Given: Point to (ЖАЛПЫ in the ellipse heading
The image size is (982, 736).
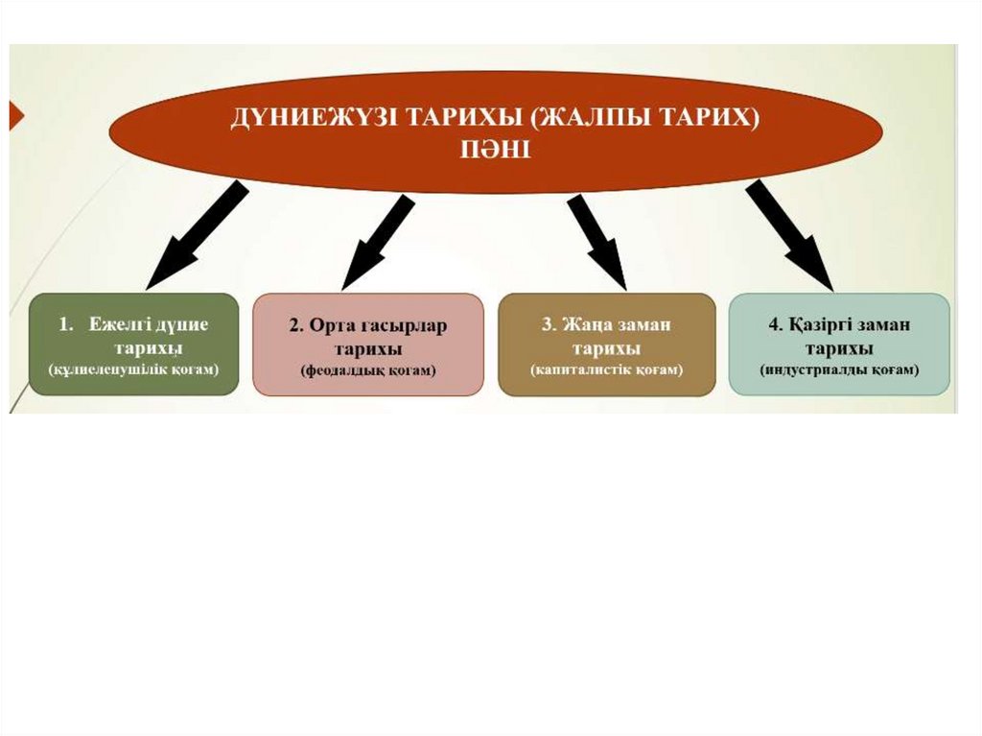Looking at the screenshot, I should pyautogui.click(x=588, y=120).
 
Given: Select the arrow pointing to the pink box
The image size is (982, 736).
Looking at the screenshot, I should pyautogui.click(x=377, y=241).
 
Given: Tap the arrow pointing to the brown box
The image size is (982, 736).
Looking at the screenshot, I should pyautogui.click(x=596, y=241).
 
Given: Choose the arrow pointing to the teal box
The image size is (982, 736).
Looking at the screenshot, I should pyautogui.click(x=788, y=234).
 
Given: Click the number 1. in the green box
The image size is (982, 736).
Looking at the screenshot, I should pyautogui.click(x=67, y=324).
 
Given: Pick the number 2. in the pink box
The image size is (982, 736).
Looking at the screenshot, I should pyautogui.click(x=296, y=325).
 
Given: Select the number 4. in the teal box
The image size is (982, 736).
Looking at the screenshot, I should pyautogui.click(x=774, y=325).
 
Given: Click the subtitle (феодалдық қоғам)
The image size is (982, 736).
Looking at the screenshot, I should pyautogui.click(x=367, y=369).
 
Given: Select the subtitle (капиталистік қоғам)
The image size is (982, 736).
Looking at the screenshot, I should pyautogui.click(x=606, y=369).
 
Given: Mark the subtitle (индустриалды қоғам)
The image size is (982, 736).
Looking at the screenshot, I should pyautogui.click(x=839, y=369).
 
